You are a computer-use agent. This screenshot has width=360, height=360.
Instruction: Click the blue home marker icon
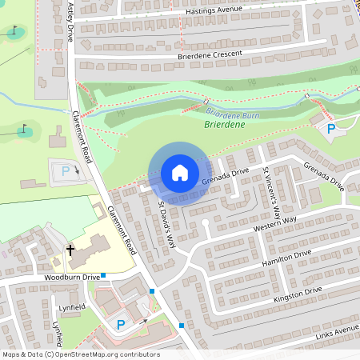coord(180,173)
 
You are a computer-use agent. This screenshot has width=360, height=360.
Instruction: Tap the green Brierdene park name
coord(226,126)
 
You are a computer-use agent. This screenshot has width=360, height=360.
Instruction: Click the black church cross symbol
coord(70,250)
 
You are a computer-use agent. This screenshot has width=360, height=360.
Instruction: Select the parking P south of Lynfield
coord(121,325)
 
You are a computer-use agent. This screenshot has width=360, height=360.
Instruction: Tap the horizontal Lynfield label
coord(73,306)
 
